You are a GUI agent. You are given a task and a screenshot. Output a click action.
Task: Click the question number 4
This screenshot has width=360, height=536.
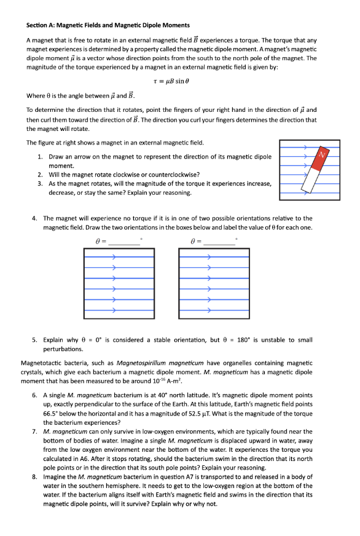(34, 218)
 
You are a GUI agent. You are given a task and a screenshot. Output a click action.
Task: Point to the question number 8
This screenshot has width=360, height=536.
(34, 476)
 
